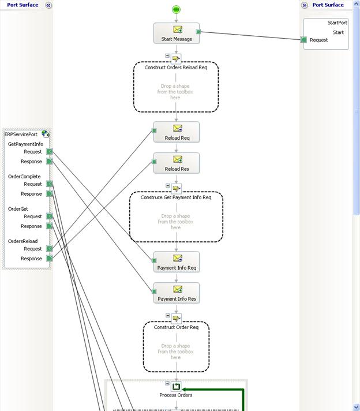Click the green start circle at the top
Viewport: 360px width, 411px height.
tap(177, 10)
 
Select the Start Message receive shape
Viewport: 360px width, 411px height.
tap(177, 33)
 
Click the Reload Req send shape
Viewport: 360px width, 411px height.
tap(177, 132)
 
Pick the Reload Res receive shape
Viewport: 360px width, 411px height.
tap(177, 163)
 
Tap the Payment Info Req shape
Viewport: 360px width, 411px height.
tap(177, 262)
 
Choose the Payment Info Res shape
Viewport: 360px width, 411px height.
tap(177, 293)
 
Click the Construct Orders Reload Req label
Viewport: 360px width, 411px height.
tap(176, 68)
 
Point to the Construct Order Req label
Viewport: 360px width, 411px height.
tap(176, 327)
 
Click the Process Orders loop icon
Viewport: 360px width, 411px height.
tap(176, 386)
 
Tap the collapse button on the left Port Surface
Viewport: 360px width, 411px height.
tap(48, 5)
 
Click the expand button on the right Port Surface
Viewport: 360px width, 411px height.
tap(304, 5)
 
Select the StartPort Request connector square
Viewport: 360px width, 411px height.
tap(303, 40)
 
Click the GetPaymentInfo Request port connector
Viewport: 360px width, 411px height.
tap(50, 151)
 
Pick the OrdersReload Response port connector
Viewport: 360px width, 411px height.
tap(50, 259)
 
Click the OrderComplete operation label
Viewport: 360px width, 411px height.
tap(24, 177)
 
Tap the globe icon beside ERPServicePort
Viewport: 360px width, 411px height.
tap(46, 134)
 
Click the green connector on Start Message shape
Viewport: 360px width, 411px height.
tap(198, 32)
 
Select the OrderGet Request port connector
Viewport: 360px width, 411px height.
tap(50, 216)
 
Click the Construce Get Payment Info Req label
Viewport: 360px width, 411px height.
tap(176, 197)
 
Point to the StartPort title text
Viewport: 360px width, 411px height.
tap(337, 23)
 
